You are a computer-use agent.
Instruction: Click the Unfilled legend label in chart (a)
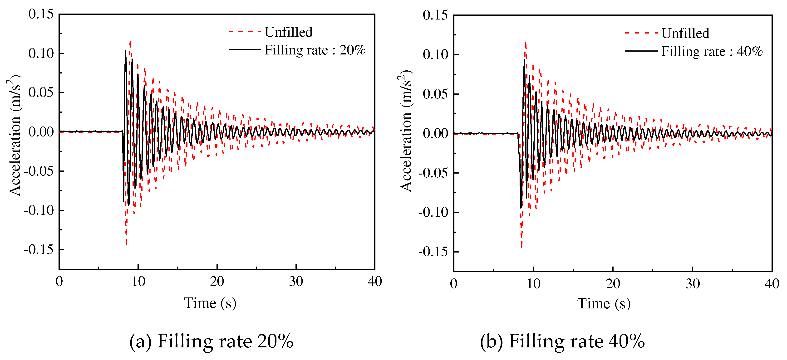[x=288, y=32]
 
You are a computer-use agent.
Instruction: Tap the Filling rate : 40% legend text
[x=712, y=51]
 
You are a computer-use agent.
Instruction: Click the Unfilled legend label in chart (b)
[x=685, y=33]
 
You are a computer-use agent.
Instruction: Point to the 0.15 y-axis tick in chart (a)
[x=41, y=14]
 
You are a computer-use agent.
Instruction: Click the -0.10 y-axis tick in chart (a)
[x=39, y=210]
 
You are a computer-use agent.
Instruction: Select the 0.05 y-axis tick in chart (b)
[x=435, y=94]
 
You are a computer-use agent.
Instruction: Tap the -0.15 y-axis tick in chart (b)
[x=433, y=252]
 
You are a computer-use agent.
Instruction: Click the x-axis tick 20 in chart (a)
[x=217, y=282]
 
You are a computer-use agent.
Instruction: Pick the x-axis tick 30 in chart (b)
[x=693, y=284]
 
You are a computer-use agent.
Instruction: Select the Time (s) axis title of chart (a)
[x=210, y=303]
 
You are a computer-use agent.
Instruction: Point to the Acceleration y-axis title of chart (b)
[x=406, y=131]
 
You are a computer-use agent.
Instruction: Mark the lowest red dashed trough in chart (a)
[x=126, y=244]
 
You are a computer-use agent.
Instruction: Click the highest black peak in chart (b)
[x=524, y=60]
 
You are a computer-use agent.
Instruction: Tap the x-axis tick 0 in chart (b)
[x=454, y=284]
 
